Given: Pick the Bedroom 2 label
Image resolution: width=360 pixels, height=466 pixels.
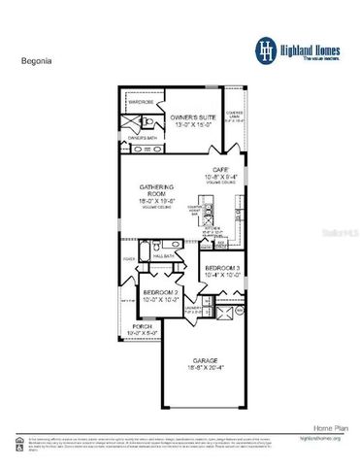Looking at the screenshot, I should click(158, 292).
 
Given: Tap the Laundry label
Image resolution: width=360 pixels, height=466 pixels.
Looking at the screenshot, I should click(193, 309).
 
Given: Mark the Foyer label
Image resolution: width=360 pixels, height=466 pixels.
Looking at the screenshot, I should click(128, 259).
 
